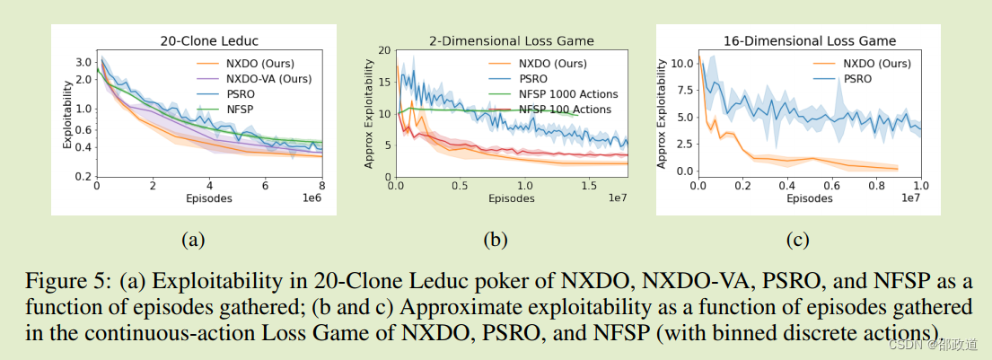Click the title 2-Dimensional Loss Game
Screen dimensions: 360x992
(x=512, y=40)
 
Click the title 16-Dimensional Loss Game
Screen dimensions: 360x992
(x=810, y=40)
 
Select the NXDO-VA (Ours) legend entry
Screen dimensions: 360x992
(x=268, y=79)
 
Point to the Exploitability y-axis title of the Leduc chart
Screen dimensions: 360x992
(x=66, y=117)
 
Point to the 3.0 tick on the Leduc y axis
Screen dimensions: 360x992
(x=83, y=62)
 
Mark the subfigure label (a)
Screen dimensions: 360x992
(x=193, y=240)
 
